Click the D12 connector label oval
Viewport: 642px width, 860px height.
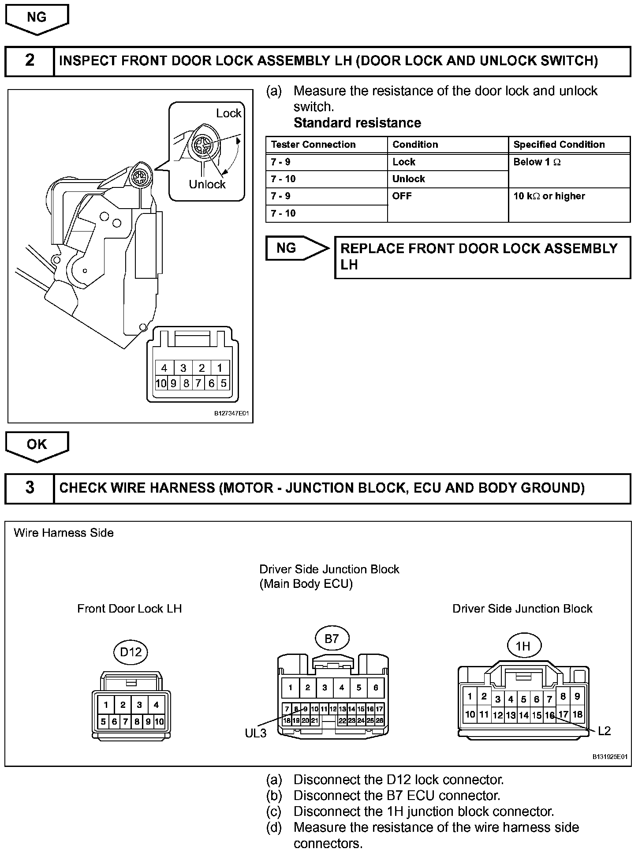[131, 651]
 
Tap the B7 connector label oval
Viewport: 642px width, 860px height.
[332, 638]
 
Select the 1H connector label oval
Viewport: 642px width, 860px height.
[523, 646]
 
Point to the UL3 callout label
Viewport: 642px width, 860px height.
[256, 733]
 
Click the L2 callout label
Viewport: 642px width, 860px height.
[604, 731]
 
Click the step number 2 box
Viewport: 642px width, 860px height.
[30, 60]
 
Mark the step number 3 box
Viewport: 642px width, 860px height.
[30, 488]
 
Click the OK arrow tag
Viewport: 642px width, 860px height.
[37, 445]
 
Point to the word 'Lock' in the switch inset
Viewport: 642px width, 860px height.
[228, 113]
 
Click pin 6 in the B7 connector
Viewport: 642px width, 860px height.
[376, 688]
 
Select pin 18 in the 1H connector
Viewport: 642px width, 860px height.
[578, 714]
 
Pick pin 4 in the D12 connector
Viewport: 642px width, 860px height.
[156, 705]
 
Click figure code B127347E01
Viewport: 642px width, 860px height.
[231, 414]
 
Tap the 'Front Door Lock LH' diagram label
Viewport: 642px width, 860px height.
[130, 609]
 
